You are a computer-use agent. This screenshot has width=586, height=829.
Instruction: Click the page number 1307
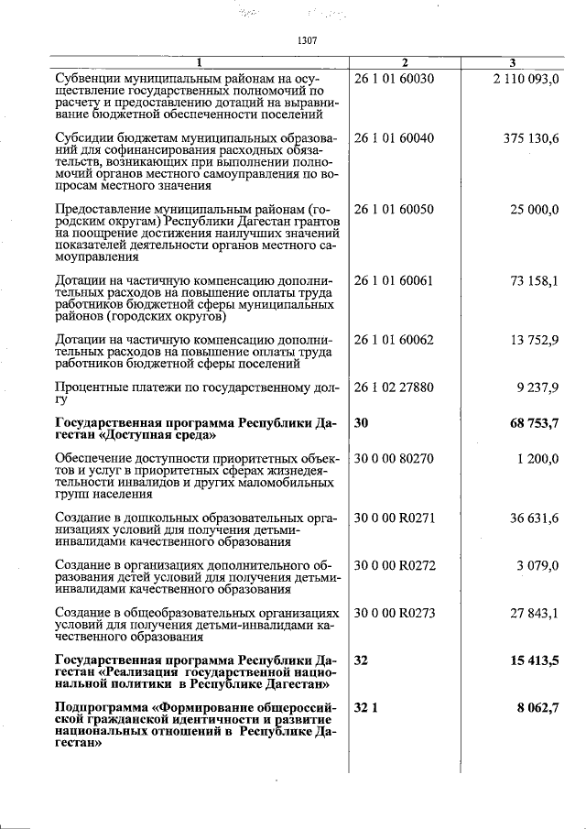307,40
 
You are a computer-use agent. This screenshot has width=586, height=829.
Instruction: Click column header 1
199,62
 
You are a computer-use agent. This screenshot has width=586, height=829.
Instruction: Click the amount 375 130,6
531,138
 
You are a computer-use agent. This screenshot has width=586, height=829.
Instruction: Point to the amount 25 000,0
535,210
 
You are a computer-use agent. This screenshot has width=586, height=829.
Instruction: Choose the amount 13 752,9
535,341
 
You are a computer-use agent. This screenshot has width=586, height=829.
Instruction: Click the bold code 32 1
364,708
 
